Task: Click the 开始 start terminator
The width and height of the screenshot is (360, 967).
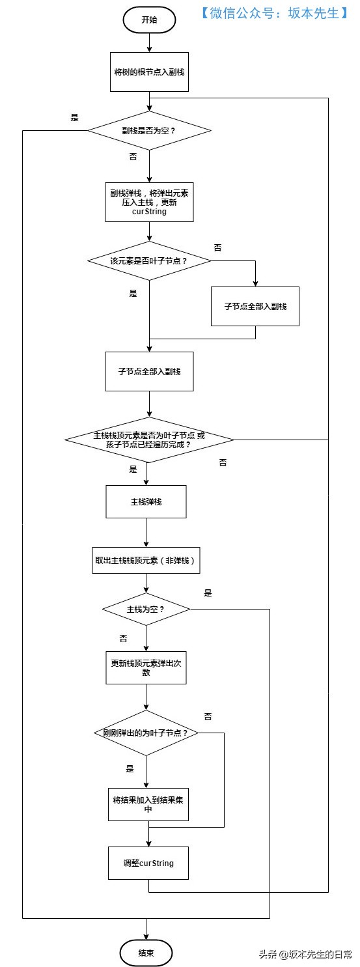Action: (x=149, y=20)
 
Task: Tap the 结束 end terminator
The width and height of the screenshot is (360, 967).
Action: (x=146, y=953)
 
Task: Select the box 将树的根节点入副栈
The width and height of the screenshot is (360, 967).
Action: (x=149, y=72)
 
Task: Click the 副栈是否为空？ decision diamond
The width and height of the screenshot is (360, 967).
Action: (x=149, y=130)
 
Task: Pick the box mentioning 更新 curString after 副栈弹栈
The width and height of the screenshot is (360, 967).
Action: (x=149, y=202)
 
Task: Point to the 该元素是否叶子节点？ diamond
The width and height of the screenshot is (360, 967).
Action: (x=149, y=260)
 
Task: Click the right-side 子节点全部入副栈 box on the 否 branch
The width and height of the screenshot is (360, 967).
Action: (x=255, y=306)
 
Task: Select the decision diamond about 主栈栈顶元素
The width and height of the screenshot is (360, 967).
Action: (x=149, y=440)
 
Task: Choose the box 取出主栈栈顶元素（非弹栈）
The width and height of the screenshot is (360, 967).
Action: (x=146, y=560)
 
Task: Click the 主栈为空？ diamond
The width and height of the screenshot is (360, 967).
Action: (x=146, y=609)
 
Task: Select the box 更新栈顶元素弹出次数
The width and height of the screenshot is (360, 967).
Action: (x=146, y=667)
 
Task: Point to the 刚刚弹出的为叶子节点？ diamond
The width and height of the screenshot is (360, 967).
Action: (x=146, y=733)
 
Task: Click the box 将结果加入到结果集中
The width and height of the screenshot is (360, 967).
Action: (x=148, y=804)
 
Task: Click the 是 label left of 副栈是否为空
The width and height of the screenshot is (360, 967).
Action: (x=74, y=118)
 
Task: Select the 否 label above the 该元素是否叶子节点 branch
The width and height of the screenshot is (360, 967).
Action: (x=217, y=248)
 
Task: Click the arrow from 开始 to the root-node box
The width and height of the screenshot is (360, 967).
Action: (x=149, y=42)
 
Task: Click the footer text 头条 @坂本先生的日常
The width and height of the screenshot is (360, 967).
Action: (x=305, y=954)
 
